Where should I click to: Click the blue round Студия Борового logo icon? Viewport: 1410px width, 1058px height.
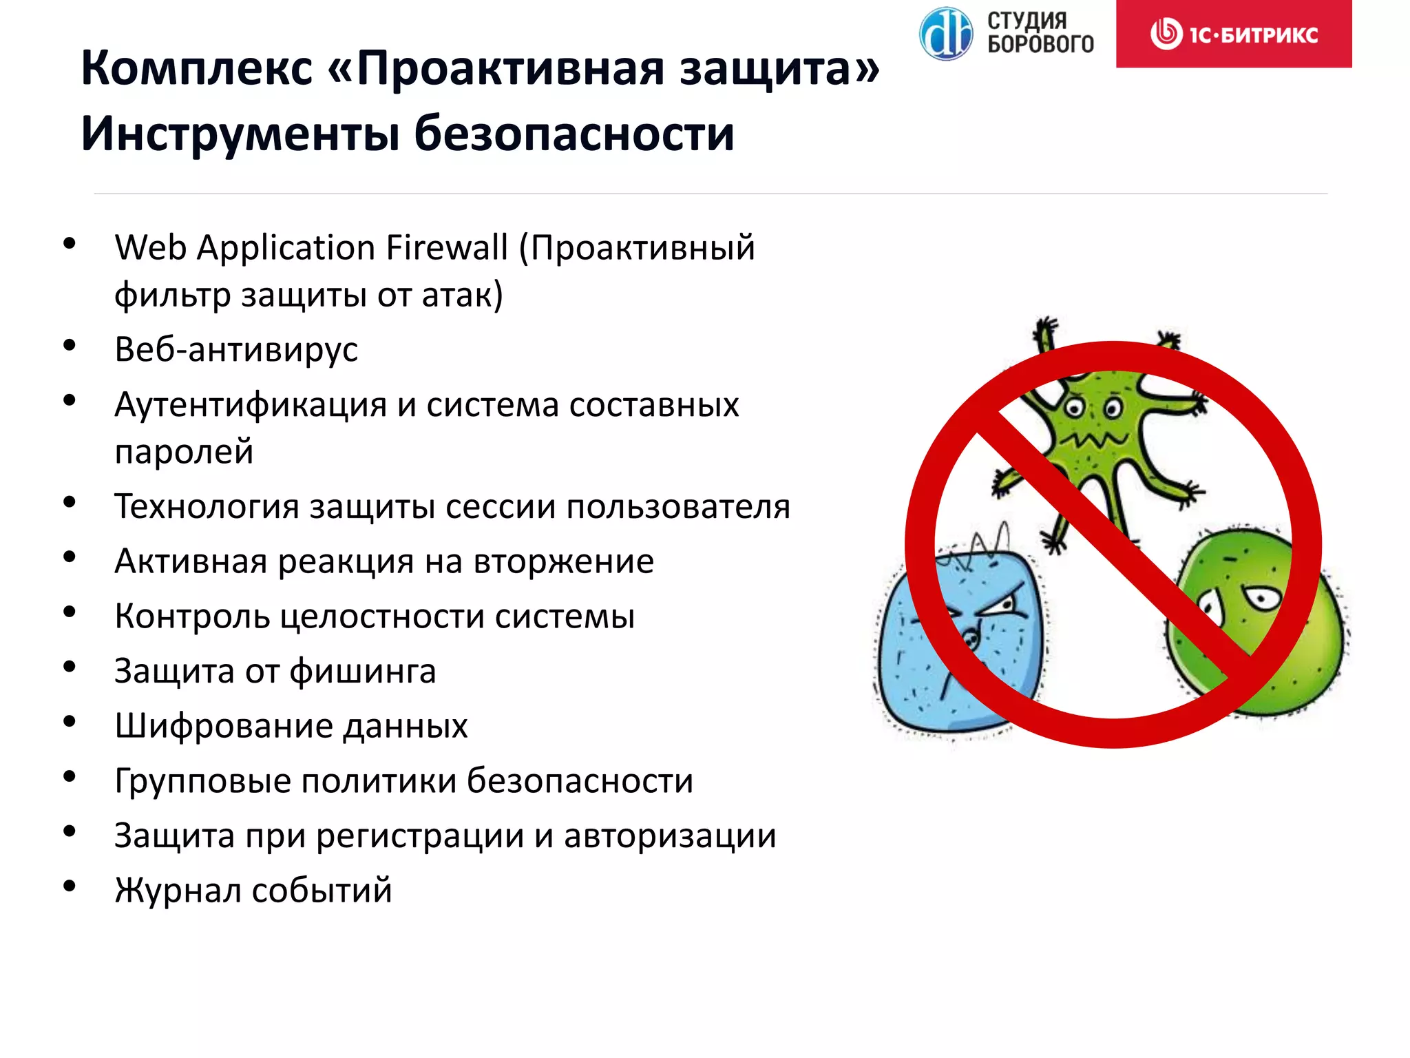946,33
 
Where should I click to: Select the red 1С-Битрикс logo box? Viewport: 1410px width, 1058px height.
1234,34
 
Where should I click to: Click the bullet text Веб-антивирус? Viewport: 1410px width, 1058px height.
236,349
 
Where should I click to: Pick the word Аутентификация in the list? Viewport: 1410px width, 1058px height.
251,404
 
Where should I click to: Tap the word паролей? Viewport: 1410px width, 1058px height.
184,452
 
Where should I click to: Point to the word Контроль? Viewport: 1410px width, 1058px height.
192,616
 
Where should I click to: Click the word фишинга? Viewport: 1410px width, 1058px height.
363,672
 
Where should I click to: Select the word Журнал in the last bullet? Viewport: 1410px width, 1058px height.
177,891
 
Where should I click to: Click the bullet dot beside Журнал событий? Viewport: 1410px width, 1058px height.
70,886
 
